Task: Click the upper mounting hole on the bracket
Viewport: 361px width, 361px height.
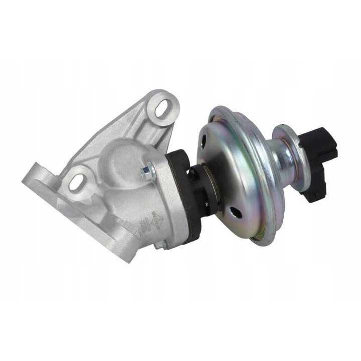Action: [162, 108]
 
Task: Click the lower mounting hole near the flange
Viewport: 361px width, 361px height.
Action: [76, 182]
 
